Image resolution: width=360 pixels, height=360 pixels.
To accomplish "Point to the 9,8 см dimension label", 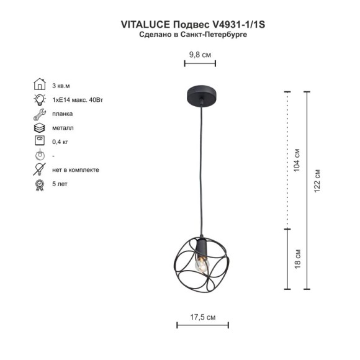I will pyautogui.click(x=200, y=55).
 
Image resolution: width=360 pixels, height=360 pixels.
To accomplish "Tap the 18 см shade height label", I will pyautogui.click(x=297, y=259).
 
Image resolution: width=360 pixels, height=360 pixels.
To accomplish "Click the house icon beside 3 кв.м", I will pyautogui.click(x=38, y=85).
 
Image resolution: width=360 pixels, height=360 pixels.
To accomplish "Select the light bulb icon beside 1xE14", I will pyautogui.click(x=38, y=99).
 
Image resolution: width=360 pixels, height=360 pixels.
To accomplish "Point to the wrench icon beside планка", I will pyautogui.click(x=38, y=114).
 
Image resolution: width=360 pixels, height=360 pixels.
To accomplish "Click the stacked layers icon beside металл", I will pyautogui.click(x=38, y=128).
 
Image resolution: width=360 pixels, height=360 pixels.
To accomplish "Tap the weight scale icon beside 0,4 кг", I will pyautogui.click(x=38, y=142).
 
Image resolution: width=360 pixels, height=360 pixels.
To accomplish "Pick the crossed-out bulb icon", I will pyautogui.click(x=38, y=169).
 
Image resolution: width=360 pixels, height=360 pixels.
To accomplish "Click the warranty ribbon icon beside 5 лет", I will pyautogui.click(x=38, y=184).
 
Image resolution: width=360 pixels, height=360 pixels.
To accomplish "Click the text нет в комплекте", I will pyautogui.click(x=76, y=169).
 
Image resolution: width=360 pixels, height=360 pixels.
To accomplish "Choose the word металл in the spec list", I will pyautogui.click(x=63, y=128).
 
